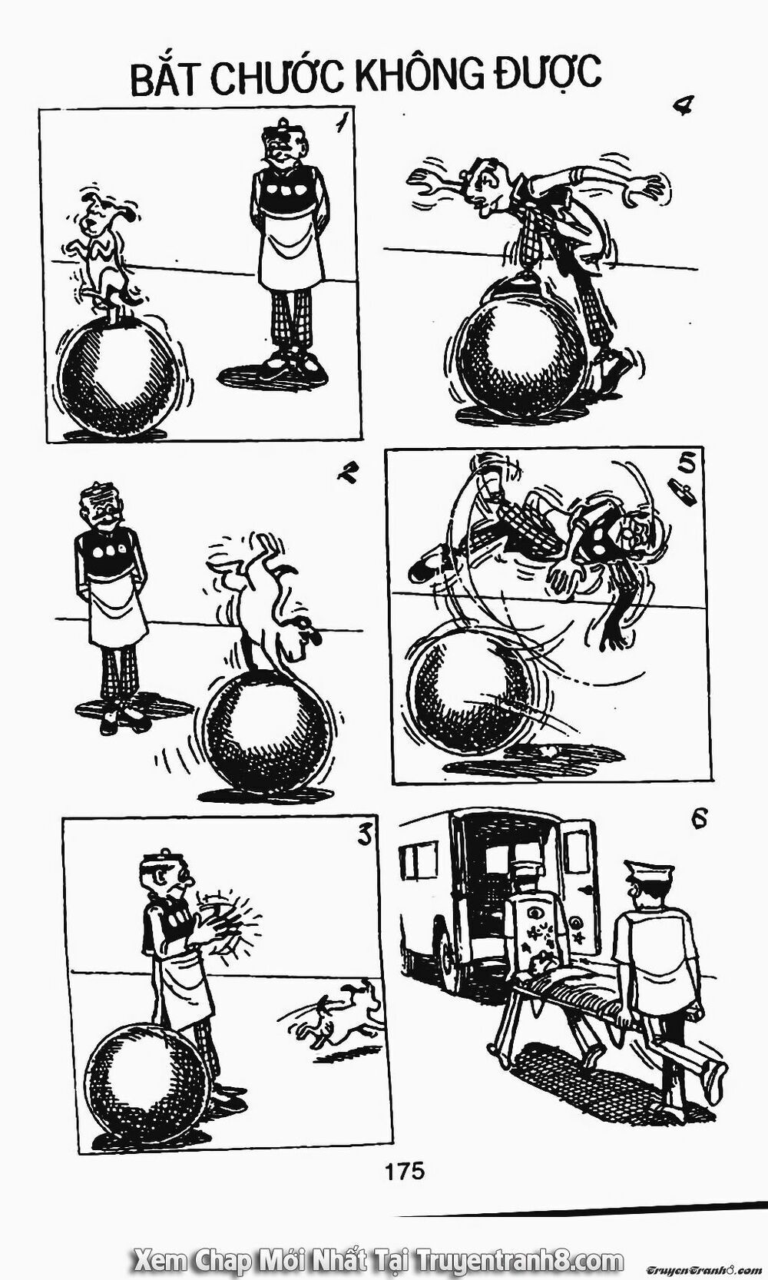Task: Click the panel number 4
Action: coord(682,105)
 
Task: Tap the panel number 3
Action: coord(364,835)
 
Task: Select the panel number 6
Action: coord(698,820)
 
